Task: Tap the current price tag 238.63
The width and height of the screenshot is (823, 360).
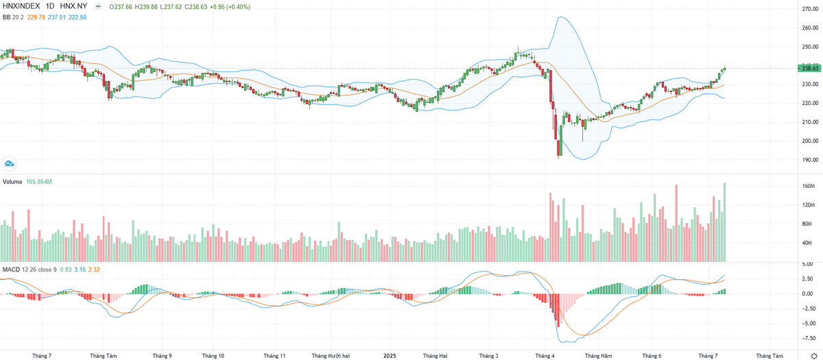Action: (x=810, y=68)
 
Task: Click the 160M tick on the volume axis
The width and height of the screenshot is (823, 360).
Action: (x=808, y=187)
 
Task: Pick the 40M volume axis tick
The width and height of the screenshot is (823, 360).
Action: (x=808, y=243)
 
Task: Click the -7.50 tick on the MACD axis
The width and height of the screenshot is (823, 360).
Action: (x=808, y=338)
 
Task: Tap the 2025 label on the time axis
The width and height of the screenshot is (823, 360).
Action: (x=390, y=356)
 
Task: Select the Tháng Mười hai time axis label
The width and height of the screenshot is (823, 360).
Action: (x=331, y=356)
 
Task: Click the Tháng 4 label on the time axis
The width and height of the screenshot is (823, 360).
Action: (x=545, y=356)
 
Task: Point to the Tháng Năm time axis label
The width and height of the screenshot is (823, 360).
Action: (x=597, y=356)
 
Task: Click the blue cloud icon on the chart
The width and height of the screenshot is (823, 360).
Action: (x=9, y=163)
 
